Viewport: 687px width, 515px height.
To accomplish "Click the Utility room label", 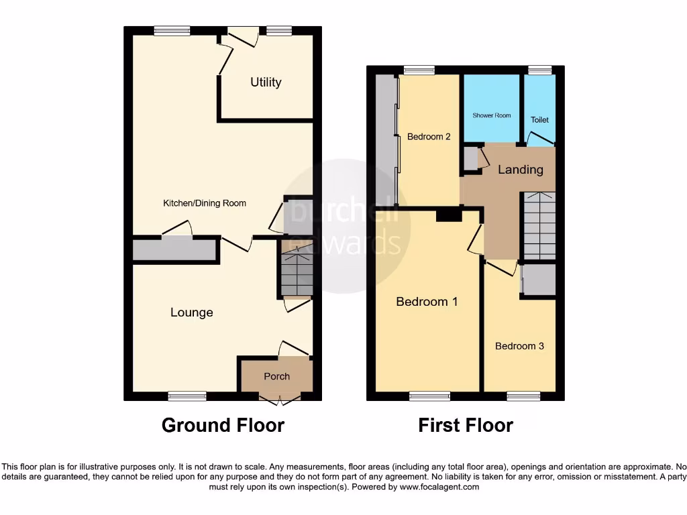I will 266,82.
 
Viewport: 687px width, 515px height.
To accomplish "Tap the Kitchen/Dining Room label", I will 205,203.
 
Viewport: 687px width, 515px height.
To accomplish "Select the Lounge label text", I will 192,312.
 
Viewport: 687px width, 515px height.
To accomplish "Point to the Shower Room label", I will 492,115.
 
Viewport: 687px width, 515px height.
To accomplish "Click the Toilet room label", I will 539,120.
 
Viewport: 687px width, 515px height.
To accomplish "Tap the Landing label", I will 521,170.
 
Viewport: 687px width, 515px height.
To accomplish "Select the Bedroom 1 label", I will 427,302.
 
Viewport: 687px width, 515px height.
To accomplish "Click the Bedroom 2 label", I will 429,137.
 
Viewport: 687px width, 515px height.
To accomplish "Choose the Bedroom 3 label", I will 519,346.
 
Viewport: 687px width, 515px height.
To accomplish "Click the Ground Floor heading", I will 223,425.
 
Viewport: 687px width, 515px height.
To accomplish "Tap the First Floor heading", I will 466,425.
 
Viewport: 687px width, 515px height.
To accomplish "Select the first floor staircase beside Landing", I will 539,225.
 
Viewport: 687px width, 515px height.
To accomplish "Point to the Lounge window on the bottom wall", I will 187,396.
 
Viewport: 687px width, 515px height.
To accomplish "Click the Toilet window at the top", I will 539,70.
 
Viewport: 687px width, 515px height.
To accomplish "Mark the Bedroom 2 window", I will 419,70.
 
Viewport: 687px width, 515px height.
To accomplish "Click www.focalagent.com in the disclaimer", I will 440,487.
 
